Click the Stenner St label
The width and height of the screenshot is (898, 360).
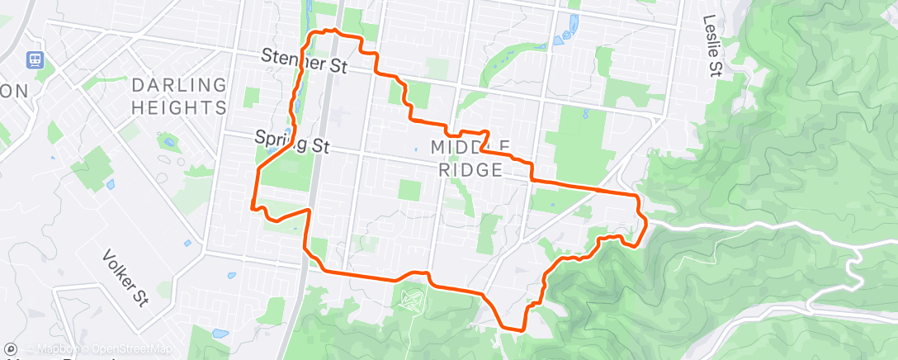303,59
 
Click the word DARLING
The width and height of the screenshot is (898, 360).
178,85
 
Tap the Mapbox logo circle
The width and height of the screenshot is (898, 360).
11,350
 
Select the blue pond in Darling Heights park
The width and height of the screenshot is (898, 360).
169,142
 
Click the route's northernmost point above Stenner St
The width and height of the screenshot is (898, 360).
334,30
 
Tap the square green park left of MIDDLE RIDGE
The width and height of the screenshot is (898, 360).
409,190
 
